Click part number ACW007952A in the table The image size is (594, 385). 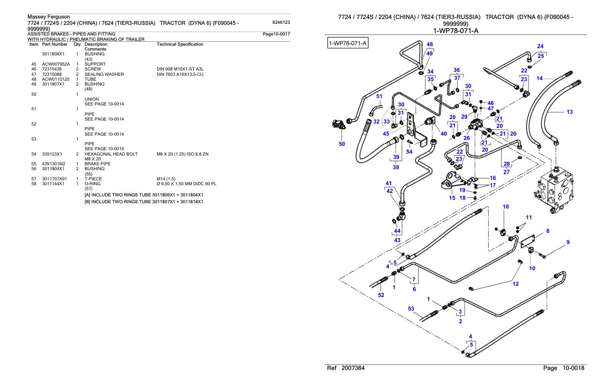(56, 64)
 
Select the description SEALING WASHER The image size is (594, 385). (104, 74)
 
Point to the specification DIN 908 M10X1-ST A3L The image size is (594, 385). (180, 69)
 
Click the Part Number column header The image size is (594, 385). (55, 44)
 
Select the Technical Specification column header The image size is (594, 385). (180, 44)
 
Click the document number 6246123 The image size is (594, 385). (281, 22)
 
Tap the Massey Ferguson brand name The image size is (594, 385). (49, 17)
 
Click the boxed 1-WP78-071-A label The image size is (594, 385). (347, 43)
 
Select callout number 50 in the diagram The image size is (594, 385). (342, 144)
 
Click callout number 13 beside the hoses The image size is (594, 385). (570, 112)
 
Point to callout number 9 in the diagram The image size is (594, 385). (568, 242)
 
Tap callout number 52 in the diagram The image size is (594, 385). (381, 295)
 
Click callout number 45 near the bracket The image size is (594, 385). (386, 134)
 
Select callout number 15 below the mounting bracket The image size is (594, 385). (452, 198)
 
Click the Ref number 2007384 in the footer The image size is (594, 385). (353, 368)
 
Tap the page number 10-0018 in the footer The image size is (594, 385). (573, 368)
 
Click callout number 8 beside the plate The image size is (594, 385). (548, 231)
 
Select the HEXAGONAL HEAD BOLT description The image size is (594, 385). (111, 154)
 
